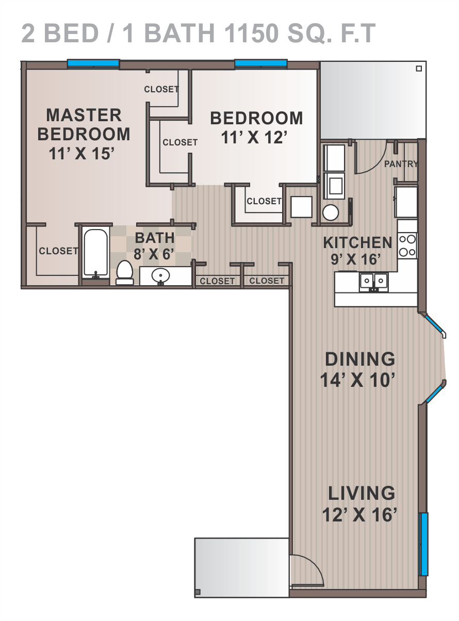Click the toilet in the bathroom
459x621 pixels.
coord(125,272)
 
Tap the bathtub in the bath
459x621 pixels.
coord(96,253)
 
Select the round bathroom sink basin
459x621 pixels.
coord(160,275)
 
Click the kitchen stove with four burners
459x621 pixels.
coord(407,246)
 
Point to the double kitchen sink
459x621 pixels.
coord(374,283)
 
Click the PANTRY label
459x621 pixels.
coord(401,164)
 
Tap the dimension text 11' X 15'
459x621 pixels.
coord(81,153)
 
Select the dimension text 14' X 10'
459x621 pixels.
coord(357,380)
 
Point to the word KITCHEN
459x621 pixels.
coord(357,242)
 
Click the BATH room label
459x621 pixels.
coord(155,238)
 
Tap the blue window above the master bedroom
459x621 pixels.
coord(93,63)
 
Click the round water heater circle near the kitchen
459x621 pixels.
coord(331,213)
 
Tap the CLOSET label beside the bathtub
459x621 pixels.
coord(58,251)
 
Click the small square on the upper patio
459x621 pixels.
coord(419,69)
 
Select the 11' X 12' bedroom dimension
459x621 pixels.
coord(254,138)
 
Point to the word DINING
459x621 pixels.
coord(360,358)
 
